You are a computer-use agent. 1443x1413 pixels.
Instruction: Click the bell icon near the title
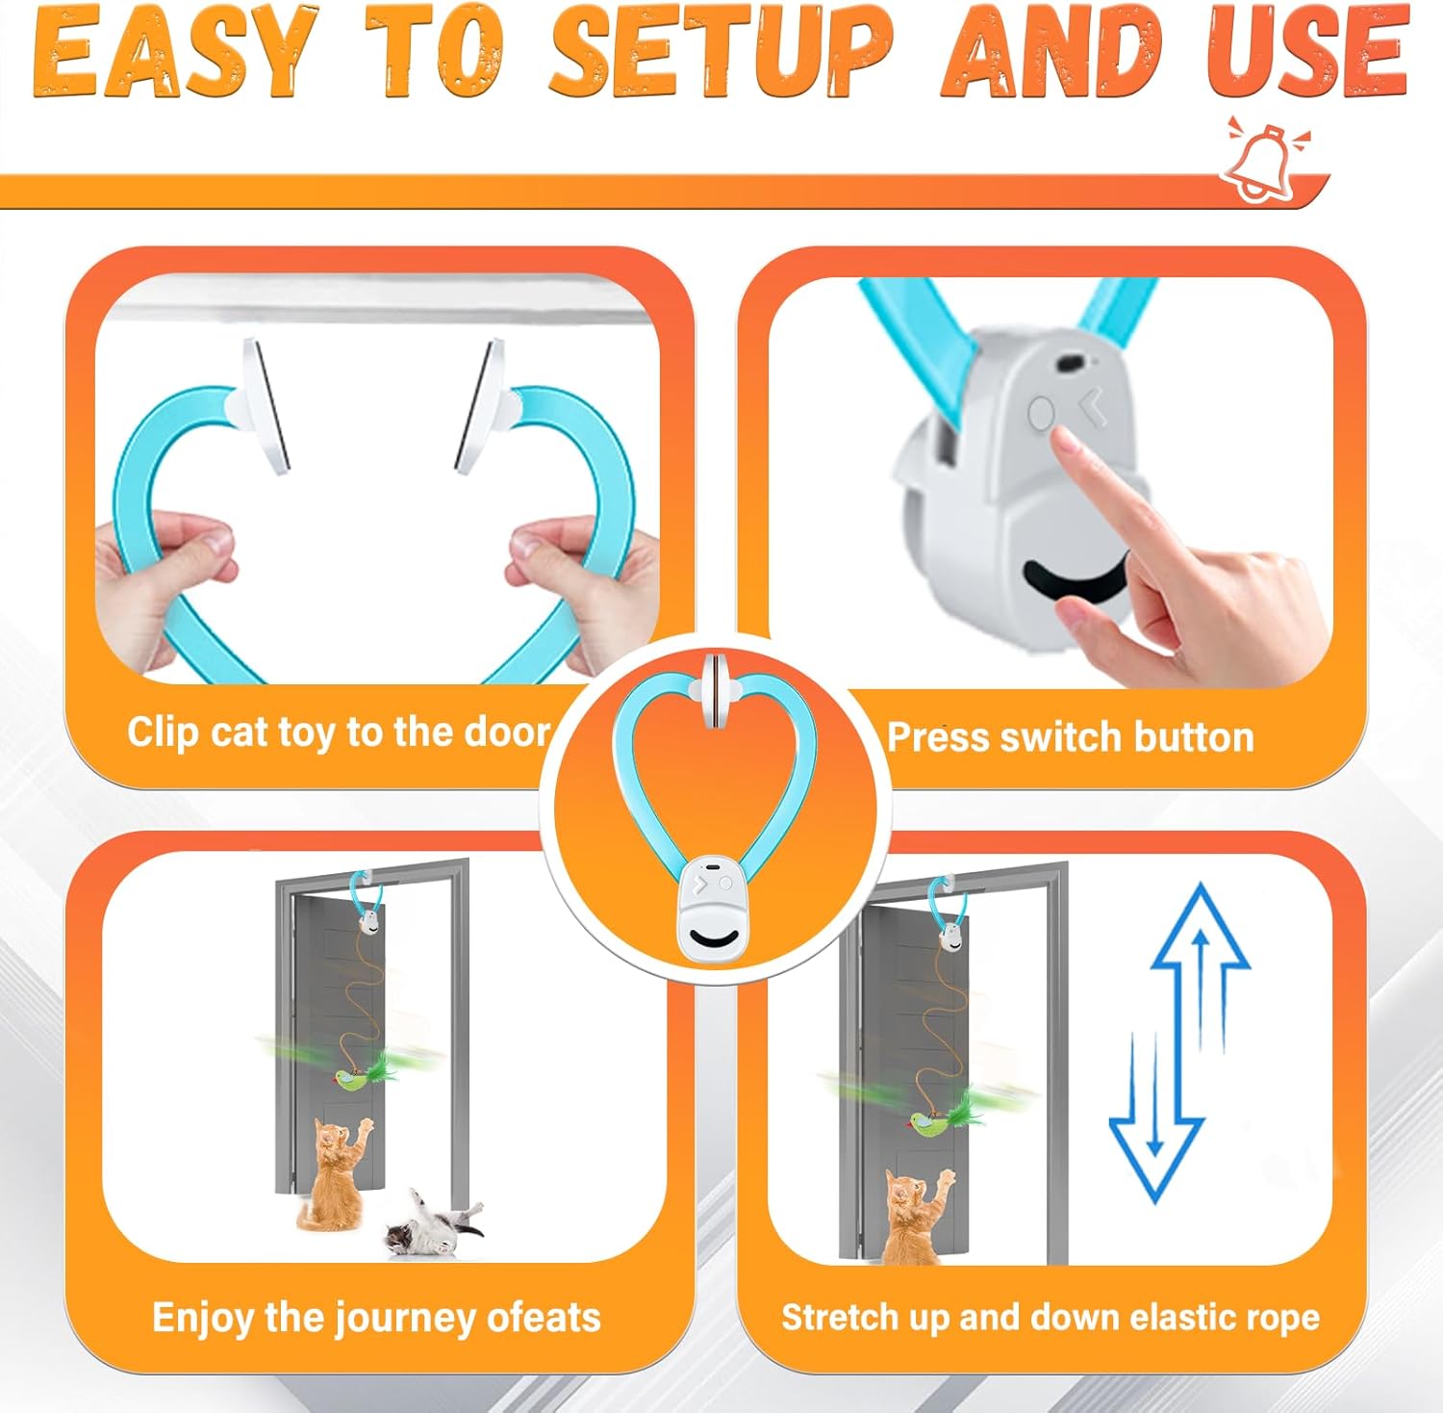[x=1263, y=160]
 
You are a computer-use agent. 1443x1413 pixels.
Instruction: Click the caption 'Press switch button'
[x=1070, y=737]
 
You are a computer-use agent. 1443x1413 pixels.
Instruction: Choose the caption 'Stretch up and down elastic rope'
[x=1050, y=1317]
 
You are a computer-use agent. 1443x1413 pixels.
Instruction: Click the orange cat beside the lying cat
[x=335, y=1174]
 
